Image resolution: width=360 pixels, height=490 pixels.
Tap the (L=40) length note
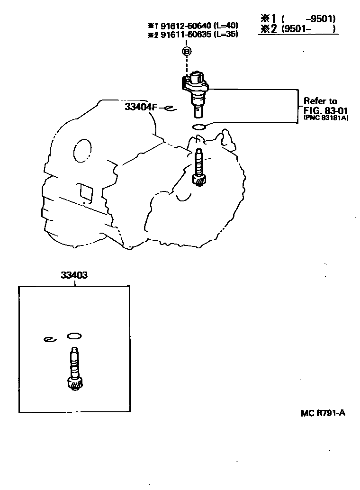[226, 25]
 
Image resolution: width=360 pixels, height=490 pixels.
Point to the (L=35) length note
[226, 34]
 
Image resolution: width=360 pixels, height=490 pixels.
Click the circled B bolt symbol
[187, 51]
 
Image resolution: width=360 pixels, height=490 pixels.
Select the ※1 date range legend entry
[298, 19]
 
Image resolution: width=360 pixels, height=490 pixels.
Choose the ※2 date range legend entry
[298, 29]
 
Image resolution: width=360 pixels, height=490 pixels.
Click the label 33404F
[141, 107]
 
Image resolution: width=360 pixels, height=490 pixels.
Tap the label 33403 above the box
[74, 275]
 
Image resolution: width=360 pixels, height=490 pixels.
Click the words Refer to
[320, 101]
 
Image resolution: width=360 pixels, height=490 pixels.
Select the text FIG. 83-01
[325, 110]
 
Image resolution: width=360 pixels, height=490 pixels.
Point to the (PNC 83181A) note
[325, 118]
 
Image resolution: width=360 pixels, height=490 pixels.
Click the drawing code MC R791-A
[323, 413]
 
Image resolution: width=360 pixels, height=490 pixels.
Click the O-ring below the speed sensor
[198, 127]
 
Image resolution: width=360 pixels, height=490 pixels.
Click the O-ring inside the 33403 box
[74, 336]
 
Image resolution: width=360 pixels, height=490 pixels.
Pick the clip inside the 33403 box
[50, 339]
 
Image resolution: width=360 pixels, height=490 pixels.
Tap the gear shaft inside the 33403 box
[74, 369]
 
